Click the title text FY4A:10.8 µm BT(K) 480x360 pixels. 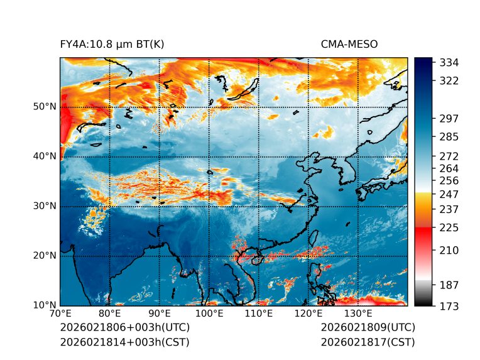coord(112,44)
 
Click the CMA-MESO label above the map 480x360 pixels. coord(349,44)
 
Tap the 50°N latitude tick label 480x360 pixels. coord(45,107)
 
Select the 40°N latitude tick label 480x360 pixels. coord(45,156)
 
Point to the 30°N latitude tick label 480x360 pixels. coord(45,206)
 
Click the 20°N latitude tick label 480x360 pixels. coord(45,256)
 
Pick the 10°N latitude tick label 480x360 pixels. coord(45,305)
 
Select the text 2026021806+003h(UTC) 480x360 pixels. coord(124,327)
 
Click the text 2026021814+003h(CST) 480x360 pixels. coord(124,342)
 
